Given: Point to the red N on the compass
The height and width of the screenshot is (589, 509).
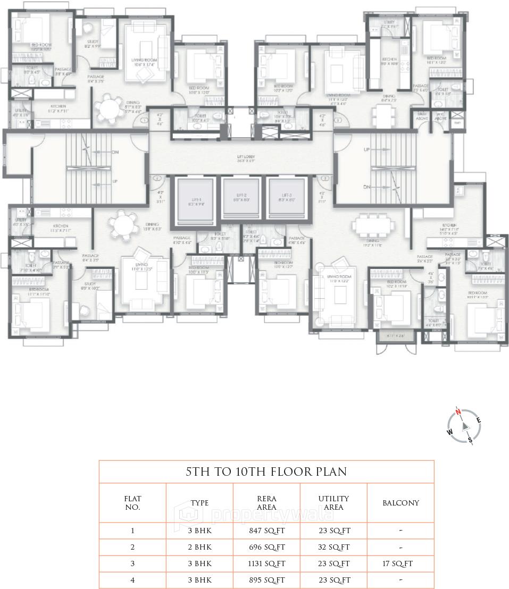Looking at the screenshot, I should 458,411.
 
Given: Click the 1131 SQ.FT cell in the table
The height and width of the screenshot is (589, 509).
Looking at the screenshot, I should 267,563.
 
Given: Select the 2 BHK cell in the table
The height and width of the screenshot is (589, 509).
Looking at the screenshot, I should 200,547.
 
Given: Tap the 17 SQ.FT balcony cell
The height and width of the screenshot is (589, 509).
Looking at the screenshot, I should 400,563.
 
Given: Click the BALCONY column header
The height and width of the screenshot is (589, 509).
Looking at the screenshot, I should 400,503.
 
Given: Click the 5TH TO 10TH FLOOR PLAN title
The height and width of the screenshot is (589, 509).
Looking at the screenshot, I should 266,472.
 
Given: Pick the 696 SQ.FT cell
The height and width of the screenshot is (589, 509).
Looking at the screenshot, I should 267,547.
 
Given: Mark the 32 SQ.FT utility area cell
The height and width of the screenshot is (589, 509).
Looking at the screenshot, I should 333,547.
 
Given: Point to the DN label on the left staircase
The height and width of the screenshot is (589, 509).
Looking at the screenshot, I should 115,152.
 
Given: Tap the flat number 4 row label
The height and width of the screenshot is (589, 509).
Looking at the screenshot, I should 132,580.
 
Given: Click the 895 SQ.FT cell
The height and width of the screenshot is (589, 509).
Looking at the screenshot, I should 267,580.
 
